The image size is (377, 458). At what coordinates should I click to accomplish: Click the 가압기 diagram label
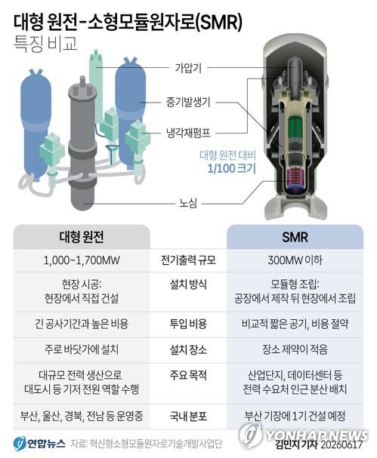pos(188,68)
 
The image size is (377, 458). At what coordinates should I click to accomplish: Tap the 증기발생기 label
pos(188,102)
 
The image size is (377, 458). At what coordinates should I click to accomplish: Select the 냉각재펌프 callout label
pos(188,134)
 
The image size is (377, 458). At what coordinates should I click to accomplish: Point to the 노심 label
pos(188,203)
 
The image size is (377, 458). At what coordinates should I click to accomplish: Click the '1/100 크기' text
pos(231,168)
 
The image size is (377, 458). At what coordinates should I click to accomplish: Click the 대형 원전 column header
pos(82,237)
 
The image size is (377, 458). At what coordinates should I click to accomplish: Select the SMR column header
pos(295,237)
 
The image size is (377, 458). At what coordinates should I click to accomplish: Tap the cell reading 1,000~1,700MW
pos(82,260)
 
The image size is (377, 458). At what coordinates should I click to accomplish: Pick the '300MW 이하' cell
pos(295,260)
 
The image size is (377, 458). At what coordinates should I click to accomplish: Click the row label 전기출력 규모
pos(188,260)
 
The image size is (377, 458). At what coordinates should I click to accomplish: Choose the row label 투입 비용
pos(188,324)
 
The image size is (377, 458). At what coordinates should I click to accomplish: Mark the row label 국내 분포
pos(188,416)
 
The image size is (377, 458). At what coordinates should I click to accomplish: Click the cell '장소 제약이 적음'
pos(295,349)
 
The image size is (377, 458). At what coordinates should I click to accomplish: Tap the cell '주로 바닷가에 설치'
pos(82,349)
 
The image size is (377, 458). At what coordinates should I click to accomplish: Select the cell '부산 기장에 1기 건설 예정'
pos(295,416)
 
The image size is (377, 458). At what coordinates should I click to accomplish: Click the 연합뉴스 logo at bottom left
pos(39,444)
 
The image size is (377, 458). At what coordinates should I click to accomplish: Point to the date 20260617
pos(341,445)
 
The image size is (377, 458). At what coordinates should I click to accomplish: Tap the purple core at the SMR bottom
pos(295,177)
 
